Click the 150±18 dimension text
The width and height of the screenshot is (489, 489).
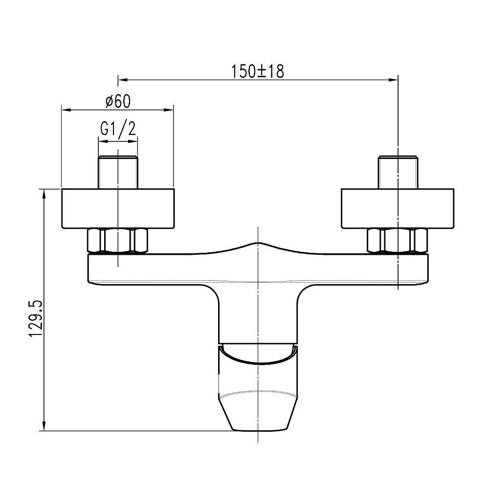click(258, 71)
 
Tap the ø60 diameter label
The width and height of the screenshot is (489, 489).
click(118, 101)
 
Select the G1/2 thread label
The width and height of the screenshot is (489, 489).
click(118, 128)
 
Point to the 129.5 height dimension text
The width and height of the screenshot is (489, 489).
click(36, 319)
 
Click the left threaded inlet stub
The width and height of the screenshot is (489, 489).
click(118, 172)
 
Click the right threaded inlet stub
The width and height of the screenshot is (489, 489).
click(398, 172)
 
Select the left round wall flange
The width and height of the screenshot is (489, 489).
click(118, 208)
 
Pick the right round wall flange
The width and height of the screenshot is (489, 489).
click(398, 208)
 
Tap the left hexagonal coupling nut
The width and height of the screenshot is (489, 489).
click(118, 241)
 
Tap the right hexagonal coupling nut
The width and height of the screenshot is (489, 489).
click(398, 241)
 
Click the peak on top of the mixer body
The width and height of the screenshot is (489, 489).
click(258, 243)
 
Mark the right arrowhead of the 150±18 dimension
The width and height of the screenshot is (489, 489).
click(394, 80)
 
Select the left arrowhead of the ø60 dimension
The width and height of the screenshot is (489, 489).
click(66, 110)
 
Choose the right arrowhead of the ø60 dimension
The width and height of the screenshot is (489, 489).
click(169, 110)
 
